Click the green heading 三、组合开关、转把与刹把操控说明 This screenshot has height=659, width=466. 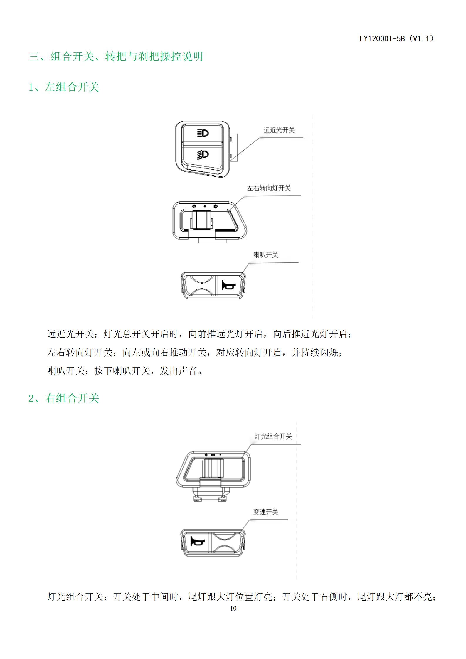116,56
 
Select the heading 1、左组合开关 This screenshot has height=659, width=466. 64,87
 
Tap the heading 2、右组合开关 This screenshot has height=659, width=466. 64,398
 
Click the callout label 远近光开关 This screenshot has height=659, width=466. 279,130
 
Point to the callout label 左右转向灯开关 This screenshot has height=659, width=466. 269,188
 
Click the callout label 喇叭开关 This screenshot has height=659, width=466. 266,255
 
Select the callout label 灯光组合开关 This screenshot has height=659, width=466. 273,436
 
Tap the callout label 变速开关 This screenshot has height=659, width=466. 265,512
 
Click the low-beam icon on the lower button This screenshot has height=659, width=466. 203,154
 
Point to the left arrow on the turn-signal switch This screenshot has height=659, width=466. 194,206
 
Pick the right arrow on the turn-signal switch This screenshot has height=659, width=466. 216,206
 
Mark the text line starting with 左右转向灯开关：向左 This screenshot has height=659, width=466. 195,353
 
